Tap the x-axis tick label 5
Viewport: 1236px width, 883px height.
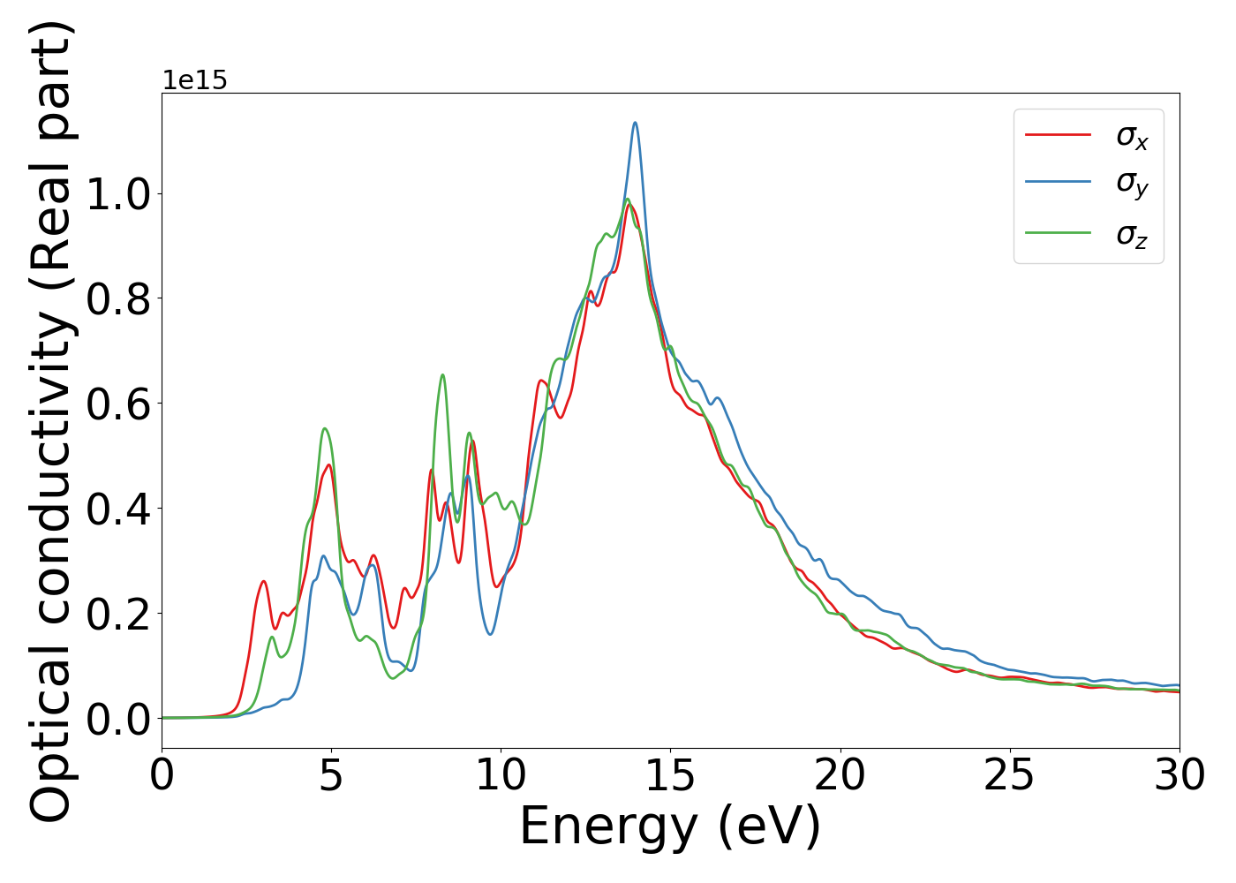[331, 775]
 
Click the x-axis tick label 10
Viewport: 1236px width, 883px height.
[501, 775]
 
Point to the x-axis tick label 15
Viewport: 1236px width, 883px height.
[670, 775]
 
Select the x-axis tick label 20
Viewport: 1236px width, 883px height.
[840, 775]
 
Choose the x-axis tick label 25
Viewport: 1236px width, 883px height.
[1009, 775]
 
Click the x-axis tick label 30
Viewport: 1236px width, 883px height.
[1179, 775]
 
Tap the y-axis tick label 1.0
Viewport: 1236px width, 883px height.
[118, 194]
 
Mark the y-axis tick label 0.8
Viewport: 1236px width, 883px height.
[118, 299]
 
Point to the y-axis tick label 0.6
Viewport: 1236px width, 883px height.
[118, 404]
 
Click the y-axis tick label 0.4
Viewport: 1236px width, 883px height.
[118, 509]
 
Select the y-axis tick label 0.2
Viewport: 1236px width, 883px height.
[118, 615]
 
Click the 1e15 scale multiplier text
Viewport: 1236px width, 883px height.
[194, 80]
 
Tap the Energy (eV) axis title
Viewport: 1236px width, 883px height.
[670, 827]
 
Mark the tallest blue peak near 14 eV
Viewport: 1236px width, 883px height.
[635, 123]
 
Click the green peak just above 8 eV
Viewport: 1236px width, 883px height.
[442, 375]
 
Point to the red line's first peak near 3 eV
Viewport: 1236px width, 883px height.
[263, 581]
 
